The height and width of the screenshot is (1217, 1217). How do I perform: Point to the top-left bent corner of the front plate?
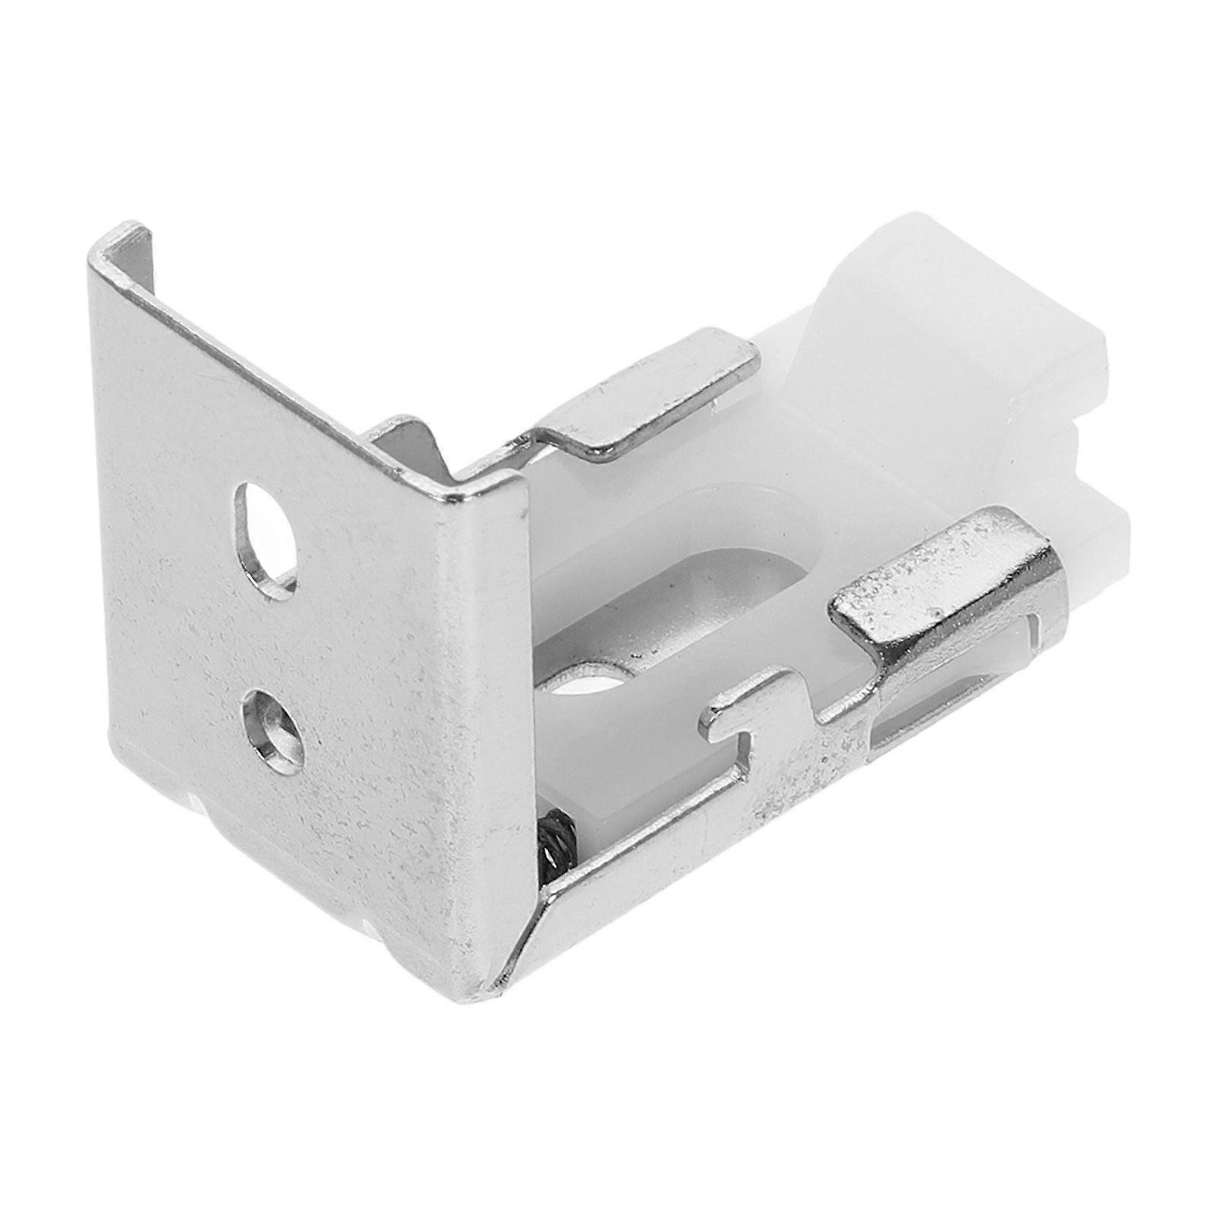click(x=122, y=243)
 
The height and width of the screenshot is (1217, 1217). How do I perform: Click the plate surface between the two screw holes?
click(x=274, y=631)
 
